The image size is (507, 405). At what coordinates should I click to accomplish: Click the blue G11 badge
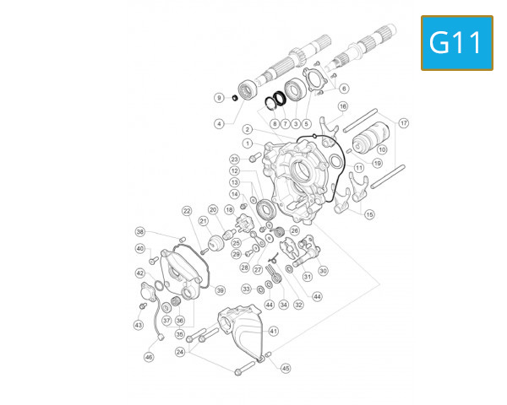pos(456,42)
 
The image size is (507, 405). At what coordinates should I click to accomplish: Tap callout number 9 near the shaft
pos(219,97)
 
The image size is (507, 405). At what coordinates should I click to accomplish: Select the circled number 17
pos(404,123)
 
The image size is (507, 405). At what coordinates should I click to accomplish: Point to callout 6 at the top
pos(344,89)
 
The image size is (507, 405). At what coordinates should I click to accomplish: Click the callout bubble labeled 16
pos(343,107)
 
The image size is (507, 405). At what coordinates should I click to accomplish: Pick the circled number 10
pos(382,149)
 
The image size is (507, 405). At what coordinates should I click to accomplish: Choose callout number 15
pos(369,214)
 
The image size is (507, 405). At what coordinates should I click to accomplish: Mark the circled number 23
pos(234,159)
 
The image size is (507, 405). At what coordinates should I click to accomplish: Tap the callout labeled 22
pos(187,210)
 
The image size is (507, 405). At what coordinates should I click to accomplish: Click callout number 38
pos(140,231)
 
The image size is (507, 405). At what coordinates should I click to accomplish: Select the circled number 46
pos(149,357)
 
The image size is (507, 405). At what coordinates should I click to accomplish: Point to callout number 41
pos(273,332)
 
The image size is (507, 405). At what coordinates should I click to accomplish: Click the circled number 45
pos(286,368)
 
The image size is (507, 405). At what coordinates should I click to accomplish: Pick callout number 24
pos(180,351)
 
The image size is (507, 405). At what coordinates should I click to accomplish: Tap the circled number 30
pos(323,270)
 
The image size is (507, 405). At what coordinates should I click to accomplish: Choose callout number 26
pos(295,230)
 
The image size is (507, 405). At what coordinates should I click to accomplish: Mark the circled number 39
pos(220,290)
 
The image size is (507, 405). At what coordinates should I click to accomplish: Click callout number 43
pos(138,325)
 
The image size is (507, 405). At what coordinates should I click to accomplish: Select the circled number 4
pos(219,123)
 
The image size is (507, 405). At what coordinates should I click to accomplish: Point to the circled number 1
pos(248,143)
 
